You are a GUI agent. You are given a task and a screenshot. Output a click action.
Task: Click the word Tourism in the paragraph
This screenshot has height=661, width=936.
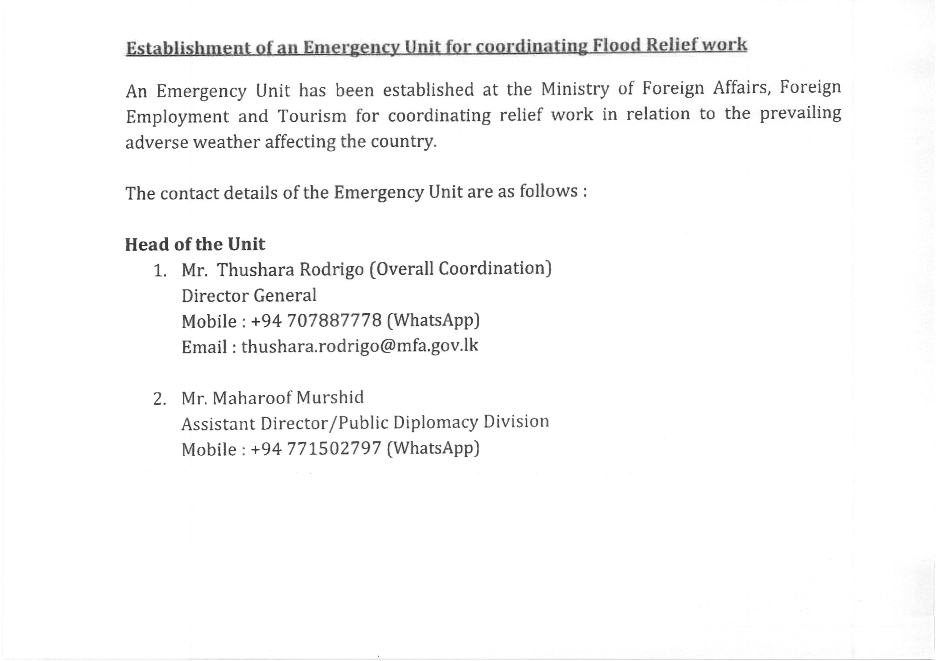[x=312, y=116]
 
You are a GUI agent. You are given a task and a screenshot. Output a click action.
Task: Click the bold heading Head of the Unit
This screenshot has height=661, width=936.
[x=195, y=244]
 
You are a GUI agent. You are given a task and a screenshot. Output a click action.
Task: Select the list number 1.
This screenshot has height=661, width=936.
[x=159, y=271]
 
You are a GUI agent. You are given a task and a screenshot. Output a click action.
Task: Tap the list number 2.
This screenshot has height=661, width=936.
[x=159, y=399]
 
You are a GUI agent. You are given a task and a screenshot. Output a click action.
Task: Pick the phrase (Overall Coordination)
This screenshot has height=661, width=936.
[x=460, y=269]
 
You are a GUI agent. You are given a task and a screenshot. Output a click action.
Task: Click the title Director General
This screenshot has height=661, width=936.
[x=249, y=295]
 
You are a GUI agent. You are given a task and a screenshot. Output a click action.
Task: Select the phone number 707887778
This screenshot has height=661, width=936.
[x=334, y=321]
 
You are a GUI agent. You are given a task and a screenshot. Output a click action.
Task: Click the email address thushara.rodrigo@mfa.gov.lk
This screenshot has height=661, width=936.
[x=359, y=346]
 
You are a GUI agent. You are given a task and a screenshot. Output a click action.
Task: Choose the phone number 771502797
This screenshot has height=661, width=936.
[x=334, y=449]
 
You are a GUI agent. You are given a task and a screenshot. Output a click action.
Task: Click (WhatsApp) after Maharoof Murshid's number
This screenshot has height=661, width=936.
[x=433, y=448]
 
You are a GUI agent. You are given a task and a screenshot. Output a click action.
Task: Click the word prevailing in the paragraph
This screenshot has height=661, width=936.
[x=800, y=114]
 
